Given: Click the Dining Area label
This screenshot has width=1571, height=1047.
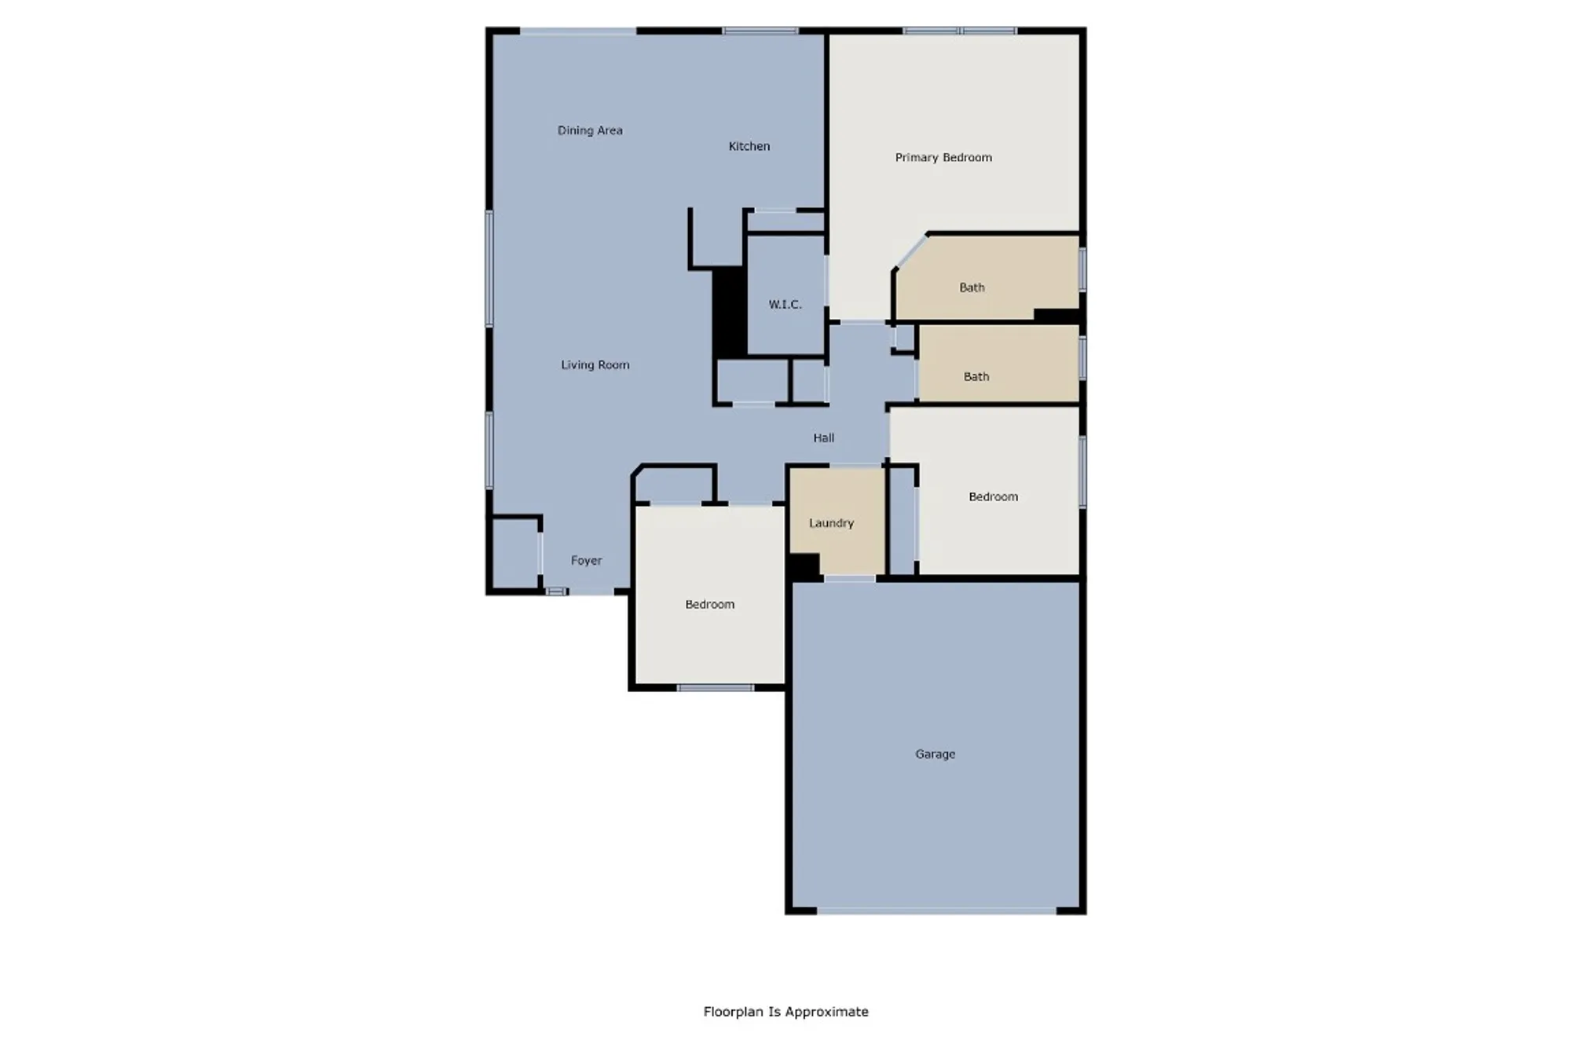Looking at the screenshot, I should point(590,130).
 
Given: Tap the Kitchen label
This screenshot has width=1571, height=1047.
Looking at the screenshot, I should point(749,146).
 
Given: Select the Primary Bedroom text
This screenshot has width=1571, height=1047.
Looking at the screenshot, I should point(943,157).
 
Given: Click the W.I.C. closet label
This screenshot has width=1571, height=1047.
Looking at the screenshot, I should point(785,304).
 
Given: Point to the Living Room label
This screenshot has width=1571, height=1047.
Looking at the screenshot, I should point(595,364).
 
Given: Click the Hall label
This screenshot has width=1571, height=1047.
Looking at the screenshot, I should point(823,437).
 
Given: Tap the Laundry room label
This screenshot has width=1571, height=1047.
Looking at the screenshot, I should point(831,522).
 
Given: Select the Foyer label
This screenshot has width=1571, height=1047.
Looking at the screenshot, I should point(586,560).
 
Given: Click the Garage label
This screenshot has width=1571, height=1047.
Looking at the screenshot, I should point(935,753).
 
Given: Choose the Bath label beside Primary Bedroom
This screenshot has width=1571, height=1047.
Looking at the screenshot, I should point(972,287).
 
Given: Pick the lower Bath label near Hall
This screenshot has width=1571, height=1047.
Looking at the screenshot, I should point(976,376).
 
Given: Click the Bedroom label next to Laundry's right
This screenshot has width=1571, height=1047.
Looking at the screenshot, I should point(993,496).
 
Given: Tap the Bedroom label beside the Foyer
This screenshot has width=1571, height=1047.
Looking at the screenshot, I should point(709,604).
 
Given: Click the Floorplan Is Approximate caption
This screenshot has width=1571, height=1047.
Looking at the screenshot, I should point(785,1012).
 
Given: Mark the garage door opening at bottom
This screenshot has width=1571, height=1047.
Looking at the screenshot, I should point(936,911).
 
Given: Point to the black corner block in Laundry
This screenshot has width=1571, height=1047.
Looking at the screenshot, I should point(804,566).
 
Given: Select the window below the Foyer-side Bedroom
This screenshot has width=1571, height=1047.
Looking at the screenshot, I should point(715,688).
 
